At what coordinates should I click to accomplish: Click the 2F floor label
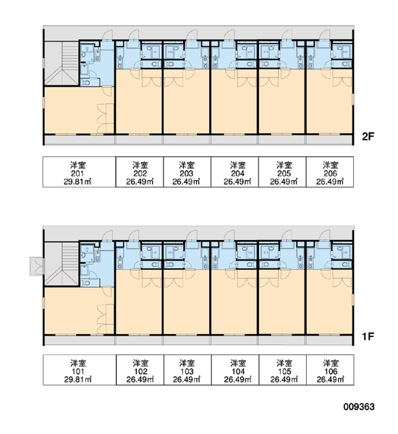368,137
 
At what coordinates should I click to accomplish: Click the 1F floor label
368,336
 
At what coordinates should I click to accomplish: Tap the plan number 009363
359,407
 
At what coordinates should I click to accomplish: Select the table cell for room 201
79,172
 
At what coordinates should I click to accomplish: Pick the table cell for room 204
235,172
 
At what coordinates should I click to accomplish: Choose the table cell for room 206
330,172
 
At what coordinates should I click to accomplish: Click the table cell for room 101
80,370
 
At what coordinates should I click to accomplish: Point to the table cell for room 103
187,370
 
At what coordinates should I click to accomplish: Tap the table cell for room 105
283,370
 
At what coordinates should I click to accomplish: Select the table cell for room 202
140,172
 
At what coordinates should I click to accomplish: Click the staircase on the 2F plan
62,63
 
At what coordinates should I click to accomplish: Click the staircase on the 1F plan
62,263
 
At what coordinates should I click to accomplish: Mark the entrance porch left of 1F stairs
37,266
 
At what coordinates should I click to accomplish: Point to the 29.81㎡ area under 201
78,182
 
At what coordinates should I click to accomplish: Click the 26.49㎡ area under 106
331,380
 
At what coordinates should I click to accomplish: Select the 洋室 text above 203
187,165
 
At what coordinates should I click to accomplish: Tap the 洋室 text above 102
140,363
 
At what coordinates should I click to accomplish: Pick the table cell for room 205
282,172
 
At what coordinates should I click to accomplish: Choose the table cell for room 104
235,370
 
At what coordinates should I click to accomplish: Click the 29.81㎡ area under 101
78,380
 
